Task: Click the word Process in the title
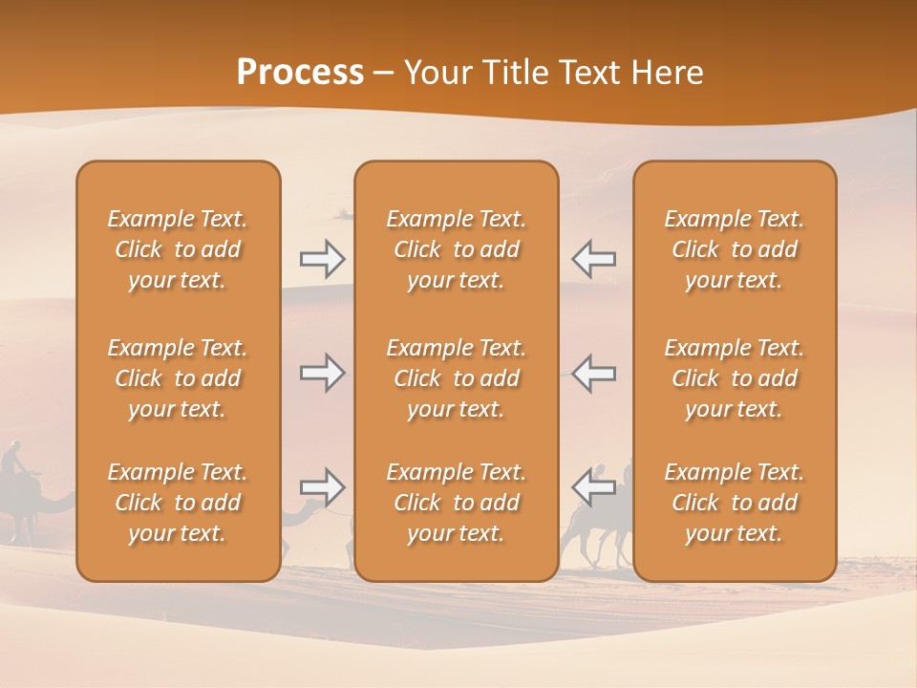pyautogui.click(x=300, y=73)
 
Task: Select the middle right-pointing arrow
pyautogui.click(x=322, y=373)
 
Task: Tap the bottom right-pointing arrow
pyautogui.click(x=322, y=487)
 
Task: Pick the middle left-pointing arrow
pyautogui.click(x=593, y=373)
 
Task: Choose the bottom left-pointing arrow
pyautogui.click(x=593, y=487)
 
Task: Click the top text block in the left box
pyautogui.click(x=178, y=249)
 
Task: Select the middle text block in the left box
pyautogui.click(x=178, y=378)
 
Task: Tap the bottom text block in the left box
pyautogui.click(x=178, y=503)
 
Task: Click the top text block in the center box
pyautogui.click(x=456, y=249)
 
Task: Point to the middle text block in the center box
pyautogui.click(x=456, y=378)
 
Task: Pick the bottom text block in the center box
pyautogui.click(x=456, y=503)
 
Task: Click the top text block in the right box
pyautogui.click(x=734, y=249)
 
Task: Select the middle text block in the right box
pyautogui.click(x=734, y=378)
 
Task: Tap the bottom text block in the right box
pyautogui.click(x=734, y=503)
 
